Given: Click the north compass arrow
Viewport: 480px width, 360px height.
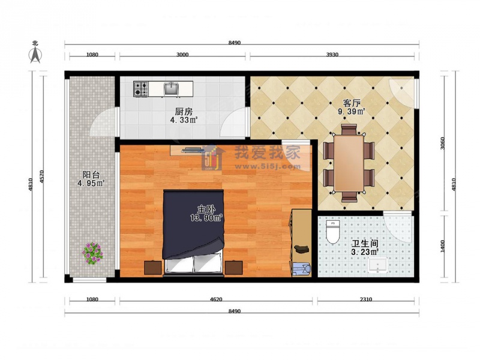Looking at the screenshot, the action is click(35, 55).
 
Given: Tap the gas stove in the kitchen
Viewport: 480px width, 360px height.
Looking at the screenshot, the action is click(141, 89).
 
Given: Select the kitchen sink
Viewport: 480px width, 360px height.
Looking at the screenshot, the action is click(172, 89).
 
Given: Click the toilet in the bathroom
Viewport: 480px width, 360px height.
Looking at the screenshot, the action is click(333, 232).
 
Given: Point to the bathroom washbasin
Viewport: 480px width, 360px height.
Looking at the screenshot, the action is click(378, 265).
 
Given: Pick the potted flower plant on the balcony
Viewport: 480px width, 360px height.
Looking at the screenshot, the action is click(92, 253).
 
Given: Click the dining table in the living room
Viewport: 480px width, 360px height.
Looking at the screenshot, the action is click(349, 163).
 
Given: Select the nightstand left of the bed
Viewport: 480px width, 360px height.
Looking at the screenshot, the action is click(153, 268).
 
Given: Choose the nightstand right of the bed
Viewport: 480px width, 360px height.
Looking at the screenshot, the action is click(234, 268).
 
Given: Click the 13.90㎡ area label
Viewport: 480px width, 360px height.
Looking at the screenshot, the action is click(206, 218).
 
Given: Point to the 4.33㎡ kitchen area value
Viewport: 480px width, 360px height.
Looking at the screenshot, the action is click(184, 119).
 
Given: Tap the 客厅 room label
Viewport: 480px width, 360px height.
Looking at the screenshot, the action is click(352, 103).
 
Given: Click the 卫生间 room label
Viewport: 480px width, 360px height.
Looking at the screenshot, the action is click(365, 244).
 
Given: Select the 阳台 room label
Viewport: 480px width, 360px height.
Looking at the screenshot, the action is click(91, 175).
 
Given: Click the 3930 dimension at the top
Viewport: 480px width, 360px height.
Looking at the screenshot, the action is click(332, 55).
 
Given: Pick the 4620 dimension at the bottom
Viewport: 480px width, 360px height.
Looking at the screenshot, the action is click(216, 299).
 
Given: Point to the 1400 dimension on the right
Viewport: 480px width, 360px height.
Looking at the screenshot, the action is click(443, 246).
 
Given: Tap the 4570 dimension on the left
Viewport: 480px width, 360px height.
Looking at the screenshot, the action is click(42, 176).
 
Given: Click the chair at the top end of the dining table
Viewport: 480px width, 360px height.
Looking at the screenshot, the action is click(349, 129).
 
